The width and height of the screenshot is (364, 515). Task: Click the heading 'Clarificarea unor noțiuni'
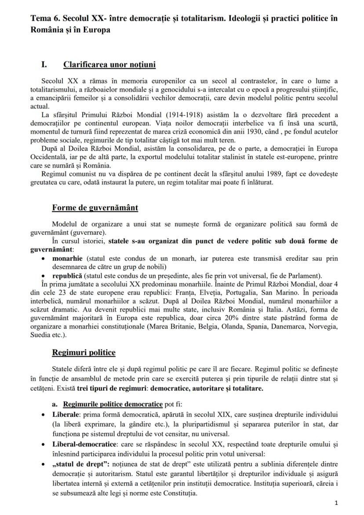point(109,65)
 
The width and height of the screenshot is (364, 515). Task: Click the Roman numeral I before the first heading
point(44,65)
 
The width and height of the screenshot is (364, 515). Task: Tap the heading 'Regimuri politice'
point(84,352)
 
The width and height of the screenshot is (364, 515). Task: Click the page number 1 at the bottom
point(336,502)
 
